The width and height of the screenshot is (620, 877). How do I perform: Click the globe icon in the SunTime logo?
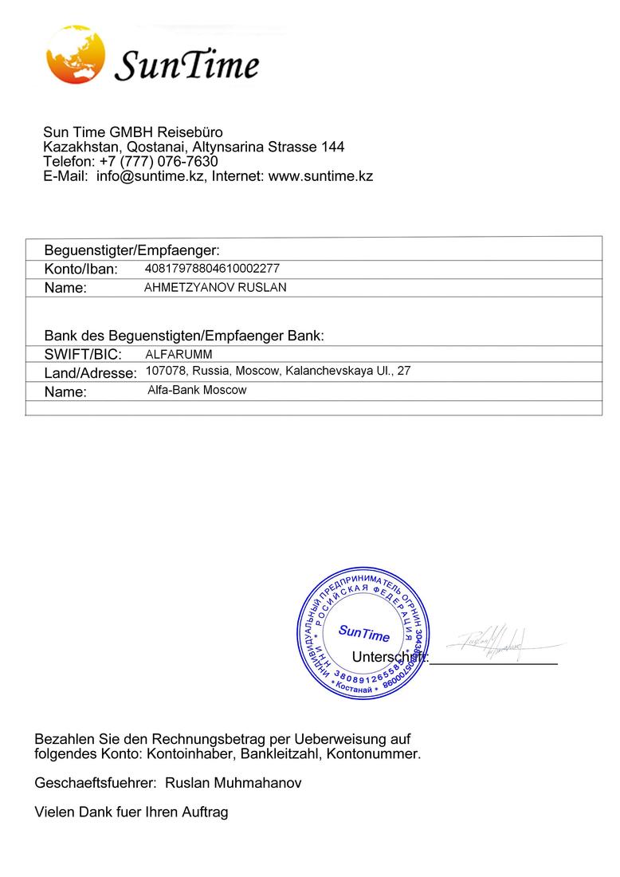pyautogui.click(x=76, y=56)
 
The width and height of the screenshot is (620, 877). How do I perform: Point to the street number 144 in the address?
pyautogui.click(x=332, y=147)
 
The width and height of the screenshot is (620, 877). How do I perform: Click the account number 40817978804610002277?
pyautogui.click(x=212, y=269)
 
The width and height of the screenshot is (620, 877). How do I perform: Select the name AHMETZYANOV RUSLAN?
pyautogui.click(x=214, y=287)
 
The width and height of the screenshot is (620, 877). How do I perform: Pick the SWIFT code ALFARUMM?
pyautogui.click(x=179, y=354)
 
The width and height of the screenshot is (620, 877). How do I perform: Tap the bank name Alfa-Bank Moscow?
pyautogui.click(x=197, y=390)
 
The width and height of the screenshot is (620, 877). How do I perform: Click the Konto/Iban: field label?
pyautogui.click(x=80, y=269)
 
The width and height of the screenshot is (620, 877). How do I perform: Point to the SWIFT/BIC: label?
pyautogui.click(x=83, y=354)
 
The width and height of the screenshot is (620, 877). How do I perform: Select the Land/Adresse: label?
pyautogui.click(x=90, y=372)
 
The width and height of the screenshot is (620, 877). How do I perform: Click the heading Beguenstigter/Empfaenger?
pyautogui.click(x=131, y=250)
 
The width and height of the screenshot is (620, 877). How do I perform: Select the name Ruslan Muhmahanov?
pyautogui.click(x=233, y=783)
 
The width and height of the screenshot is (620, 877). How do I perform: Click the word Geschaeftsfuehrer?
pyautogui.click(x=96, y=783)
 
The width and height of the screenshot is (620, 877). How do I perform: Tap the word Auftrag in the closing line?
pyautogui.click(x=206, y=812)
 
